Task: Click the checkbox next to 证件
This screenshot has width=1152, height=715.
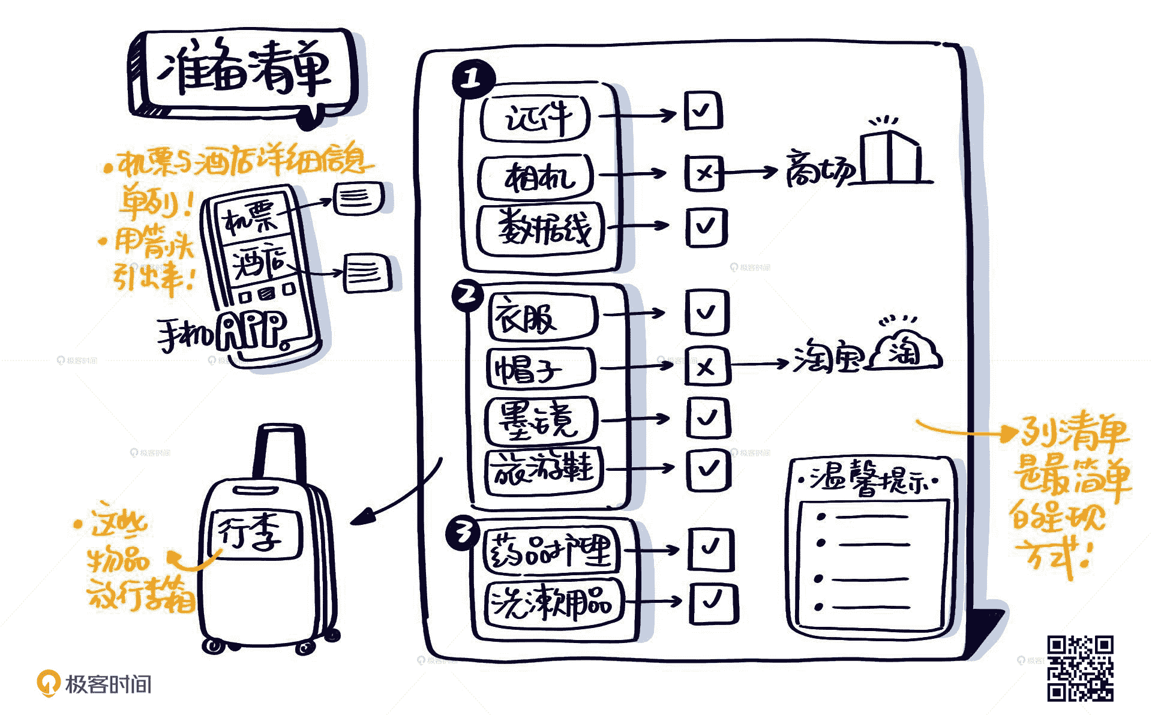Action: (x=703, y=110)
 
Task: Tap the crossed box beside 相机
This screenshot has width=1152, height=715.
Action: (x=704, y=173)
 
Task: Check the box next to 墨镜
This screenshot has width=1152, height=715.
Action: (x=708, y=417)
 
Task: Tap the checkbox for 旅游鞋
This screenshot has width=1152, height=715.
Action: (x=709, y=468)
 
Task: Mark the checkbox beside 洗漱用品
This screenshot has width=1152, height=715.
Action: (x=713, y=602)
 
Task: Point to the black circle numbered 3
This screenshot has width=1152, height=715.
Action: (x=463, y=533)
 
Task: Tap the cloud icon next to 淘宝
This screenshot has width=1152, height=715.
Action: (x=907, y=352)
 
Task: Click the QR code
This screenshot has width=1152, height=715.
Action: (x=1080, y=668)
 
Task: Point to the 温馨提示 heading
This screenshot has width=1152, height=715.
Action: (x=870, y=480)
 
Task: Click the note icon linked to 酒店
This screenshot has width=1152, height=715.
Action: (x=366, y=273)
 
